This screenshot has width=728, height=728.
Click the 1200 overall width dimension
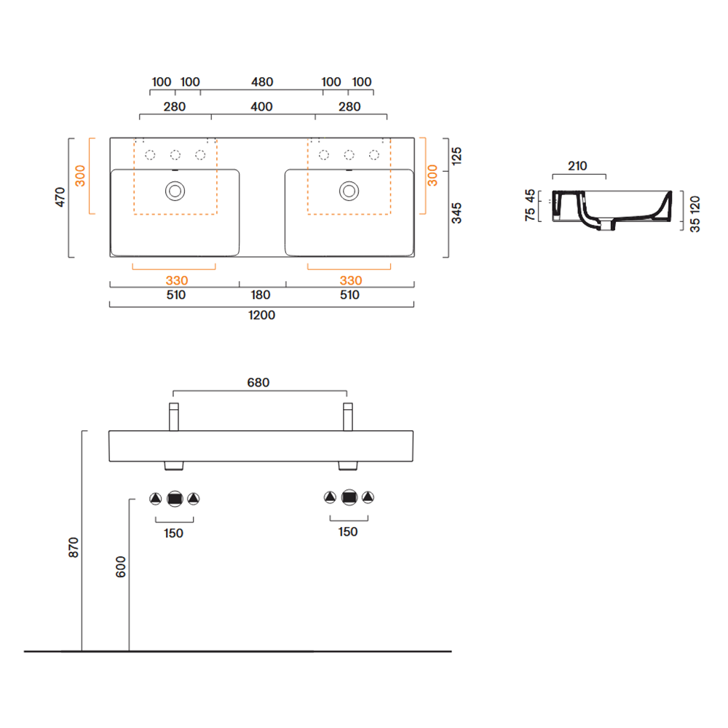point(261,315)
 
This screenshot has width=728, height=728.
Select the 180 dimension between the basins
point(261,296)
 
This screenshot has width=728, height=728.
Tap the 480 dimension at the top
point(262,82)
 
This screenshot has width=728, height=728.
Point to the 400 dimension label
point(261,107)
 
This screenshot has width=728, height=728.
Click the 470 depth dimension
point(60,197)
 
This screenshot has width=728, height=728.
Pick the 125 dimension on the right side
point(456,156)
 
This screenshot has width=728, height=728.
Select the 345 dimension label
point(456,213)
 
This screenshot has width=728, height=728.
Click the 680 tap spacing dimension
point(258,383)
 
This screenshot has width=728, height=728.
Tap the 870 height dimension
point(74,548)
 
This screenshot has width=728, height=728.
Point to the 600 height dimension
point(121,567)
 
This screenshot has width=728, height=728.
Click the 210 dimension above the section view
point(577,166)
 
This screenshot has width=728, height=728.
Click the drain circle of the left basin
point(175,191)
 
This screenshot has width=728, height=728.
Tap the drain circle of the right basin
point(349,191)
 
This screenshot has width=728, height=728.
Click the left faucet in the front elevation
point(174,417)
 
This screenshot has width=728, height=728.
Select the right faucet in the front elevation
point(348,417)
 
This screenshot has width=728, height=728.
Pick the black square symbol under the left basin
point(175,499)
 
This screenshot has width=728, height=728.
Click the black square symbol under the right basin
point(349,497)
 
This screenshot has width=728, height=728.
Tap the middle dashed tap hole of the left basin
point(175,154)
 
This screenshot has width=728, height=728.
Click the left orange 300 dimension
point(80,176)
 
